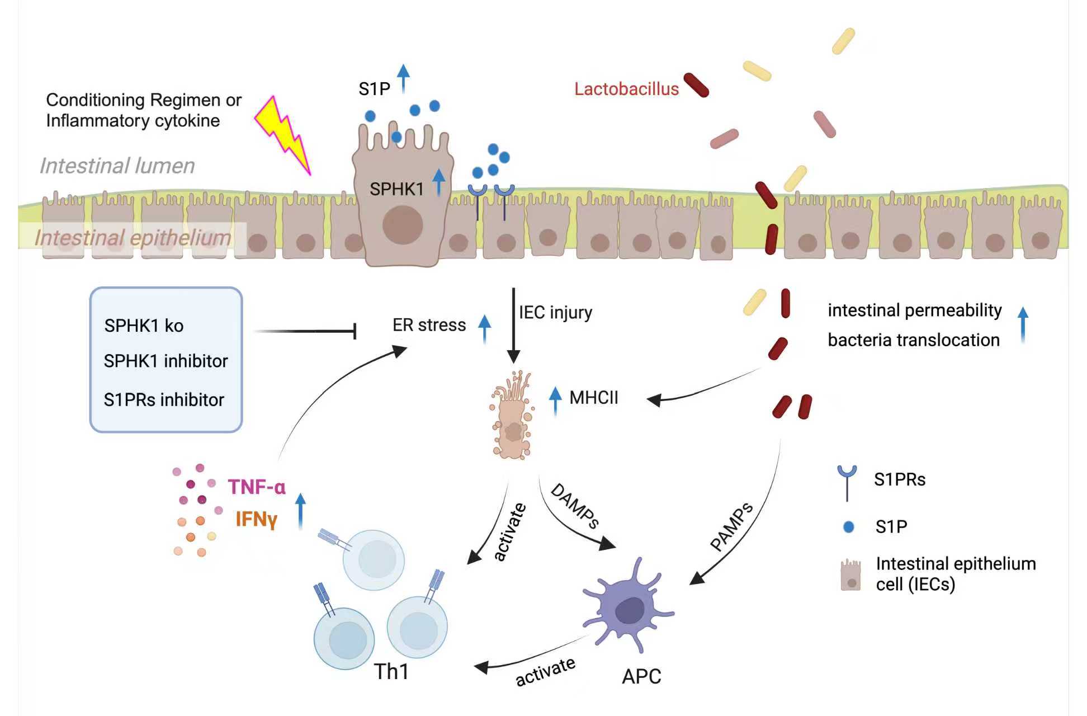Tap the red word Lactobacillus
[x=626, y=89]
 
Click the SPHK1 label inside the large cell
[x=396, y=189]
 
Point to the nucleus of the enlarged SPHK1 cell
[x=402, y=224]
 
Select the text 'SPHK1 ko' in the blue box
[x=144, y=326]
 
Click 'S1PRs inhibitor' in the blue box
[x=164, y=399]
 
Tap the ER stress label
[x=429, y=325]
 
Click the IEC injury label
[x=555, y=312]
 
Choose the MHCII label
[x=594, y=398]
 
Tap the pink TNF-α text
[x=257, y=487]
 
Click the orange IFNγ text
[x=256, y=519]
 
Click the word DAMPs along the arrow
[x=575, y=506]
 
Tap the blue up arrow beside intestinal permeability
[x=1023, y=324]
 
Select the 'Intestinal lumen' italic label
[x=117, y=166]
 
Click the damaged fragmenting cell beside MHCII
[x=512, y=417]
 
